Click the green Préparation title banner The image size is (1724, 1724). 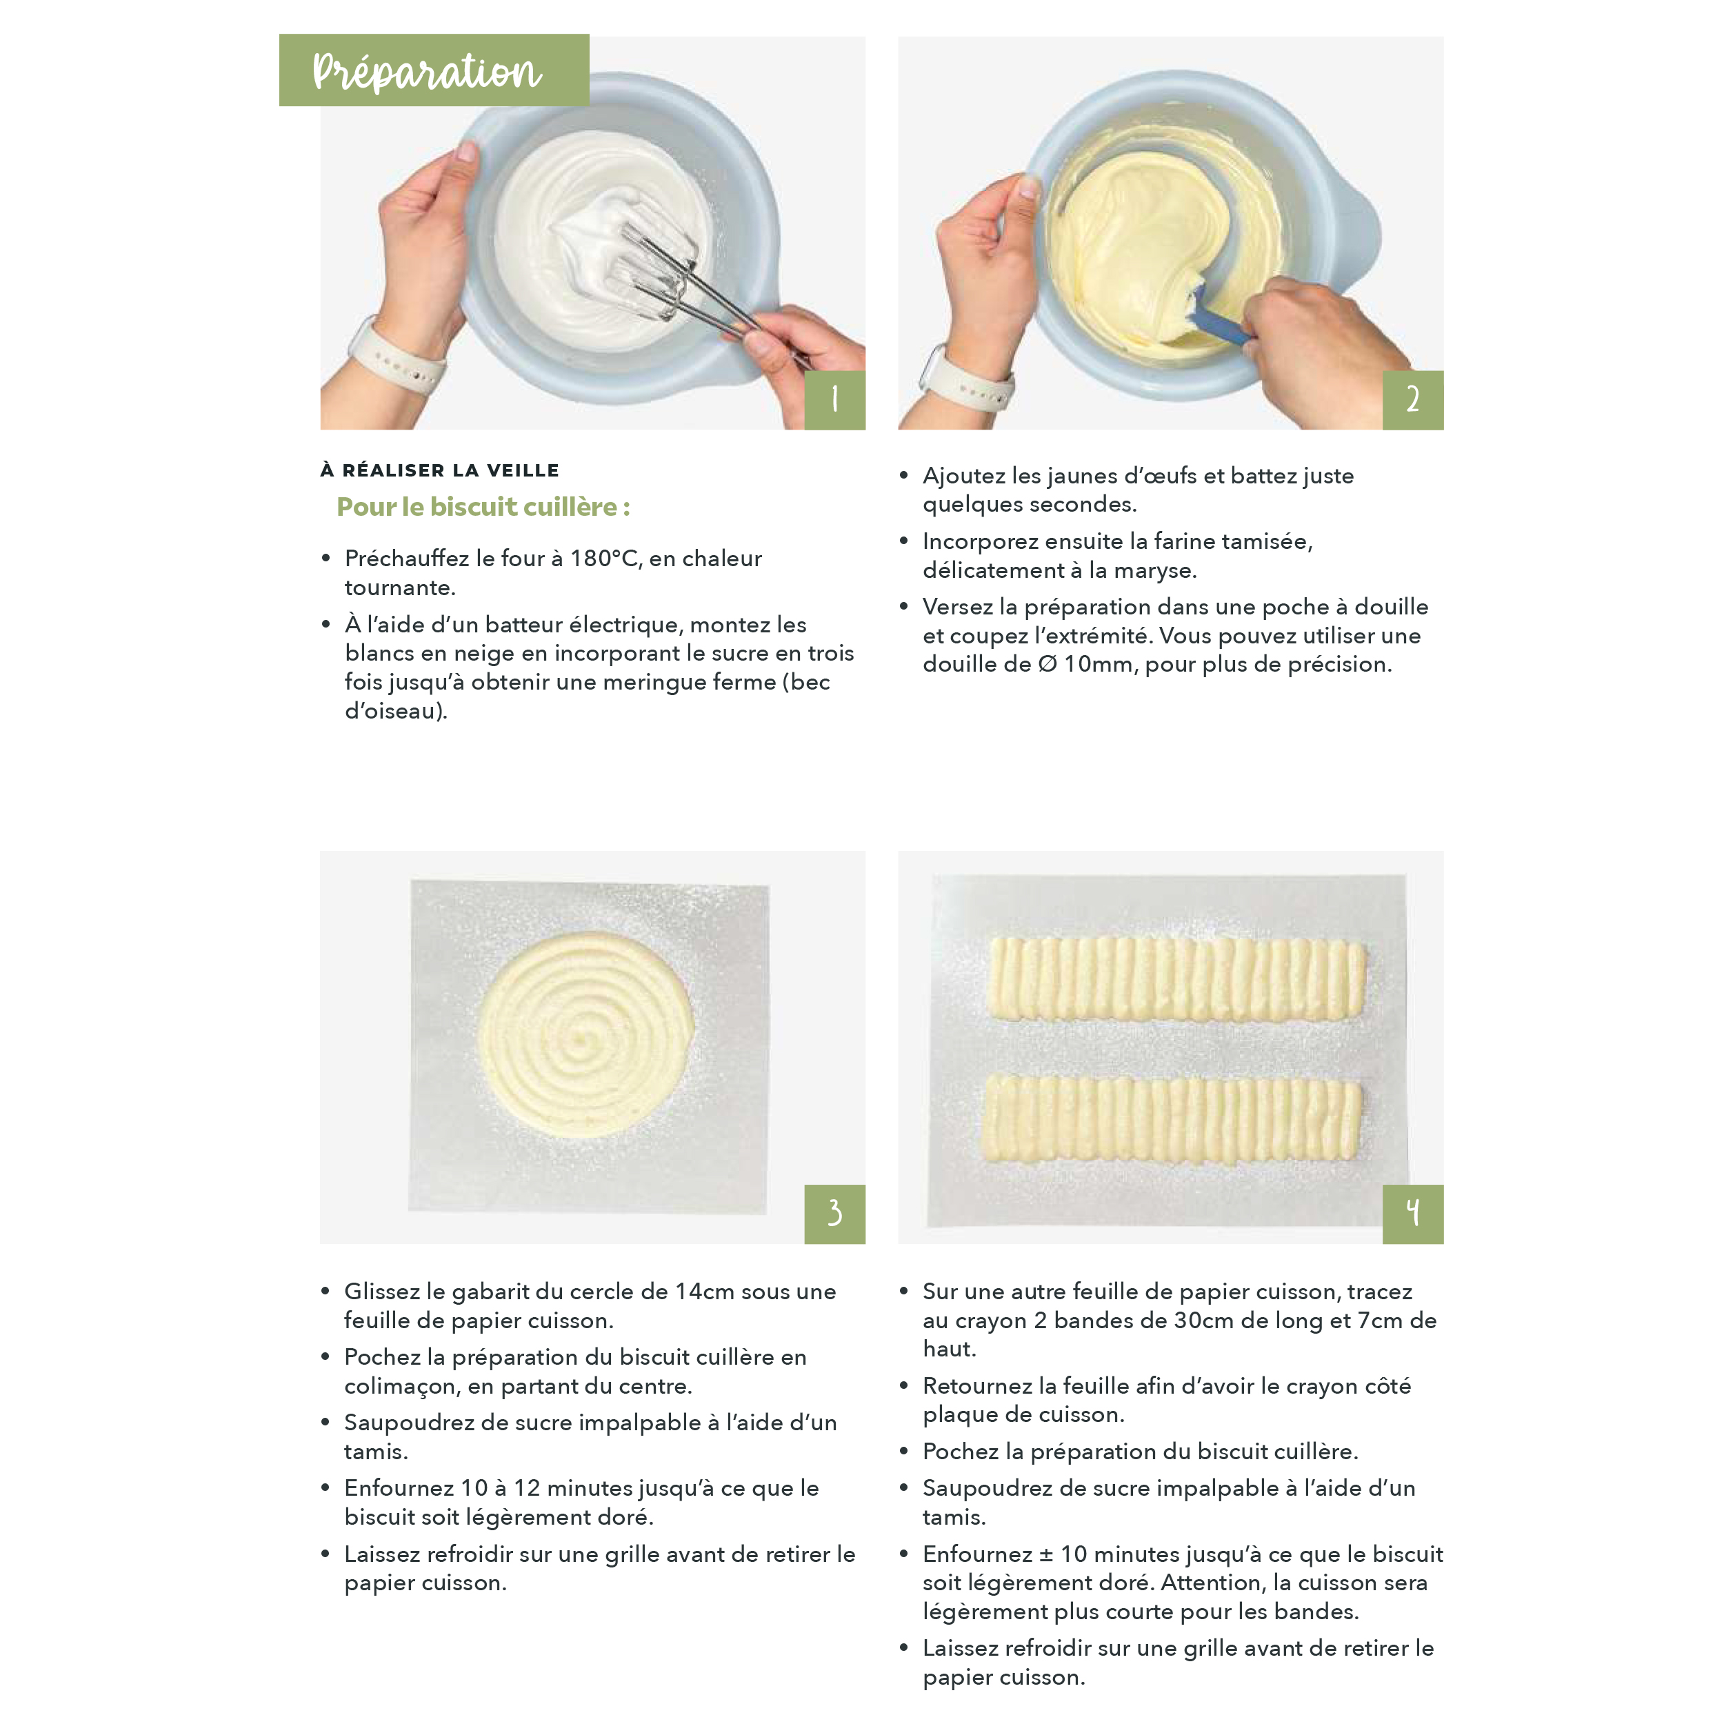click(x=434, y=70)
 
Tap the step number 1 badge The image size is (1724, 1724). click(x=834, y=400)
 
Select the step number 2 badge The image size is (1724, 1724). click(x=1412, y=400)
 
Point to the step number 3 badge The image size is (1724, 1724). click(x=834, y=1214)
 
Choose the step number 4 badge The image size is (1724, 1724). click(x=1412, y=1214)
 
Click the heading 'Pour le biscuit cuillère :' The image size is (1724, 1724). click(x=483, y=507)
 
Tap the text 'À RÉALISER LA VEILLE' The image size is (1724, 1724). click(x=440, y=470)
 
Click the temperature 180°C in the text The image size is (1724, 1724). click(x=604, y=559)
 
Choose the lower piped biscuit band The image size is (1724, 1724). click(x=1172, y=1120)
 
